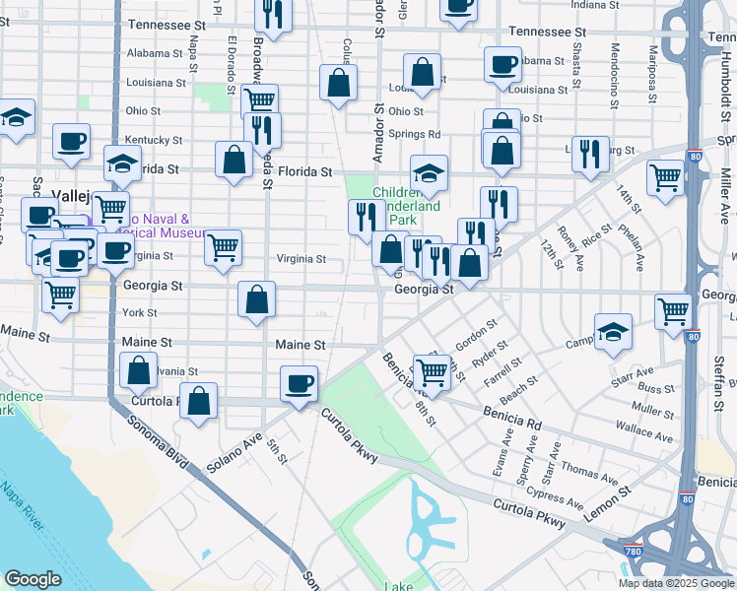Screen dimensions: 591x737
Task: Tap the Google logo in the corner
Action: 33,579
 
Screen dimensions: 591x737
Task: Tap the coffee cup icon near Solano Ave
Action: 299,383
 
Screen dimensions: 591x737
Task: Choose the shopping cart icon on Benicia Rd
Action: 430,371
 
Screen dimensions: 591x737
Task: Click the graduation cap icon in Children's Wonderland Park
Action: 429,173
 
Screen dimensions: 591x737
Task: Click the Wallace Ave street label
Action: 650,431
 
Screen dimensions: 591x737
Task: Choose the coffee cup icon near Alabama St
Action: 502,64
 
